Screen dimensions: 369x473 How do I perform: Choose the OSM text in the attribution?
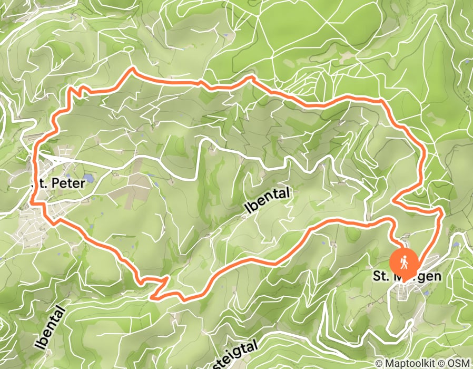(x=460, y=363)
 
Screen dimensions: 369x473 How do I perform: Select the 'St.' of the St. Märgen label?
(x=380, y=276)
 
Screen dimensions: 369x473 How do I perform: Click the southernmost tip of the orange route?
(x=153, y=298)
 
